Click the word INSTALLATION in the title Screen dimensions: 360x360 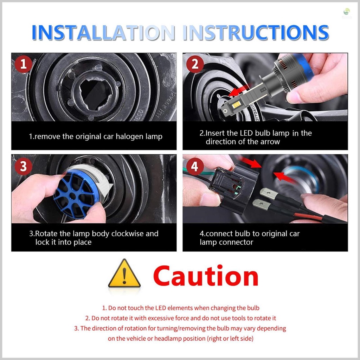[x=103, y=32]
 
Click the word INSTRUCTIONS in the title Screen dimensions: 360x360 [x=256, y=32]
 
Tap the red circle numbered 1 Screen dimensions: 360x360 [x=24, y=64]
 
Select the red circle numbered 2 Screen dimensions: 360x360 [x=195, y=64]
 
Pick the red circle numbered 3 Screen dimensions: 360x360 [x=24, y=166]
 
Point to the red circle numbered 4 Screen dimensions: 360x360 [x=195, y=166]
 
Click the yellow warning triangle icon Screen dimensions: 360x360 [x=124, y=274]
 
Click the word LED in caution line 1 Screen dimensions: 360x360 [x=161, y=308]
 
